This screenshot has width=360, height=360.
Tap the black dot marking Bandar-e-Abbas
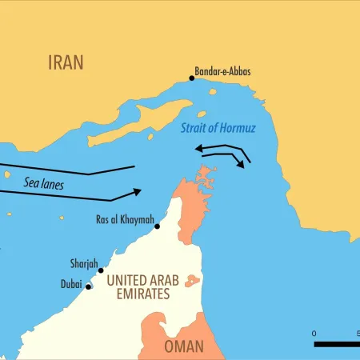click(x=192, y=78)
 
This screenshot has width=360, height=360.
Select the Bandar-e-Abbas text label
click(x=223, y=71)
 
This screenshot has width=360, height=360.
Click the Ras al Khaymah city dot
click(x=158, y=226)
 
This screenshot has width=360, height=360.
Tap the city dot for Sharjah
click(x=101, y=270)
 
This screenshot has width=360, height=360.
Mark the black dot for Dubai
click(x=89, y=286)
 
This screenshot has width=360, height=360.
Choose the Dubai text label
click(x=71, y=284)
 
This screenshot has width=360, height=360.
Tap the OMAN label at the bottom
click(x=183, y=346)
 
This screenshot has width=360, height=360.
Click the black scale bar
click(x=337, y=344)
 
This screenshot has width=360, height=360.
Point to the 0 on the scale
click(x=314, y=333)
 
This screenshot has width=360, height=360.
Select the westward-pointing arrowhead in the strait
click(x=200, y=147)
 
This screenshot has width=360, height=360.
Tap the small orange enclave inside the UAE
click(x=193, y=280)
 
